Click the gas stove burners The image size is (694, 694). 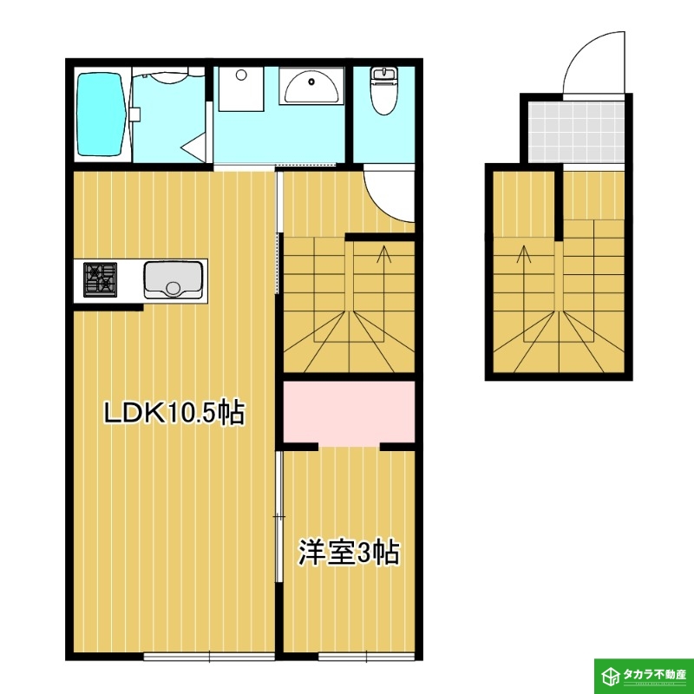(x=100, y=278)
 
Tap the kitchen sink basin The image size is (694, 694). (x=173, y=279)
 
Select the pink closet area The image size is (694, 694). (x=349, y=411)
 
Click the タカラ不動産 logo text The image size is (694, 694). (x=656, y=674)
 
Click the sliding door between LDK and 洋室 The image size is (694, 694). (x=278, y=516)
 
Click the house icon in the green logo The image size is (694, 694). (x=611, y=674)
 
